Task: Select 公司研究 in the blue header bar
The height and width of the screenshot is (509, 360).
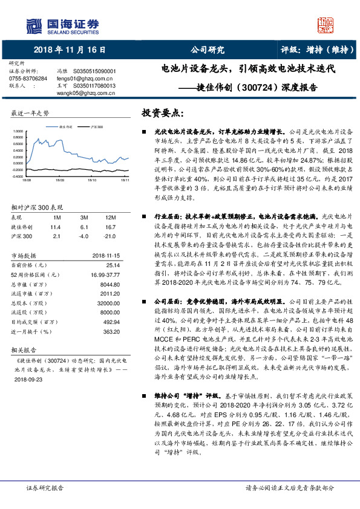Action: (208, 50)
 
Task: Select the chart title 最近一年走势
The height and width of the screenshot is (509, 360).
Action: (31, 113)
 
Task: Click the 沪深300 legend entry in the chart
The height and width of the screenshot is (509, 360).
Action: (96, 128)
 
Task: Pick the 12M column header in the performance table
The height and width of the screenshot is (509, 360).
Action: (110, 216)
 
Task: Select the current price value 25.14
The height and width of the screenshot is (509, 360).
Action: (113, 265)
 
